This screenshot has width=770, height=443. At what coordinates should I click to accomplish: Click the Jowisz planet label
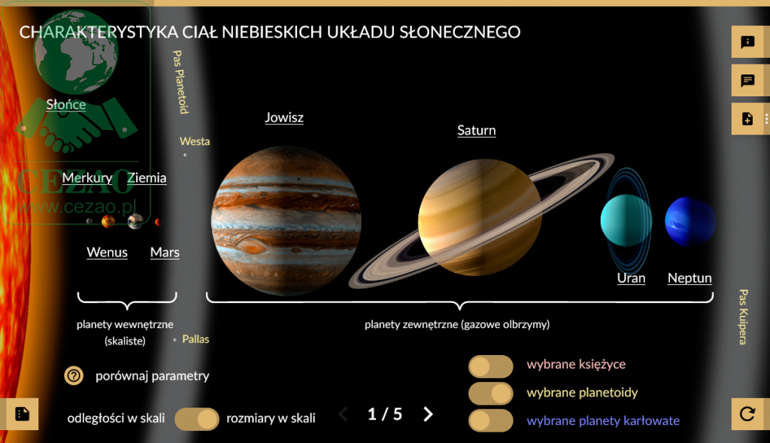click(284, 117)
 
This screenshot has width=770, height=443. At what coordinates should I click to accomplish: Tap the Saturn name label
click(476, 130)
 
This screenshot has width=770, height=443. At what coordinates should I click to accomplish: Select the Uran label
click(631, 278)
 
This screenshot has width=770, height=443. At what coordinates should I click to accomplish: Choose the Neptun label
click(690, 278)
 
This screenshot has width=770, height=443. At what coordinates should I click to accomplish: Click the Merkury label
click(87, 178)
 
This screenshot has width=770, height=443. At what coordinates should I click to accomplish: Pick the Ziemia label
click(147, 178)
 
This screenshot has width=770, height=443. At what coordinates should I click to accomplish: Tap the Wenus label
click(107, 253)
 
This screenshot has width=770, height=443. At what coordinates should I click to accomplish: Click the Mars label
click(165, 253)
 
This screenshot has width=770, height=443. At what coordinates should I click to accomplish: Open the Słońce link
click(66, 105)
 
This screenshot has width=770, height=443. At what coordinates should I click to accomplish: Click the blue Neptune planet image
click(690, 221)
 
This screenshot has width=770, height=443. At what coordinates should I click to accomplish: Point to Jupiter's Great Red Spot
click(251, 245)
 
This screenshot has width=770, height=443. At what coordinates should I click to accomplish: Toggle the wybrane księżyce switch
click(490, 366)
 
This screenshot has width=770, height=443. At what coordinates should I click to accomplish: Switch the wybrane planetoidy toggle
click(490, 393)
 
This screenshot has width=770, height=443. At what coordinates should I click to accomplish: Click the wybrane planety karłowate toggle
click(490, 420)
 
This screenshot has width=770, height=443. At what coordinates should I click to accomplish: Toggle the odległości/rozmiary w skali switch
click(197, 419)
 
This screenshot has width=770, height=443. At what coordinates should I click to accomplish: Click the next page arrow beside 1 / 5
click(428, 414)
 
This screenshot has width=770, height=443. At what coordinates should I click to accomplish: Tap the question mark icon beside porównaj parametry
click(74, 376)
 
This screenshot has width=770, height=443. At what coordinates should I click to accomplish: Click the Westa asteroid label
click(195, 141)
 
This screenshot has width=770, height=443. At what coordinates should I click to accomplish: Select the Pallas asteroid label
click(196, 339)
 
